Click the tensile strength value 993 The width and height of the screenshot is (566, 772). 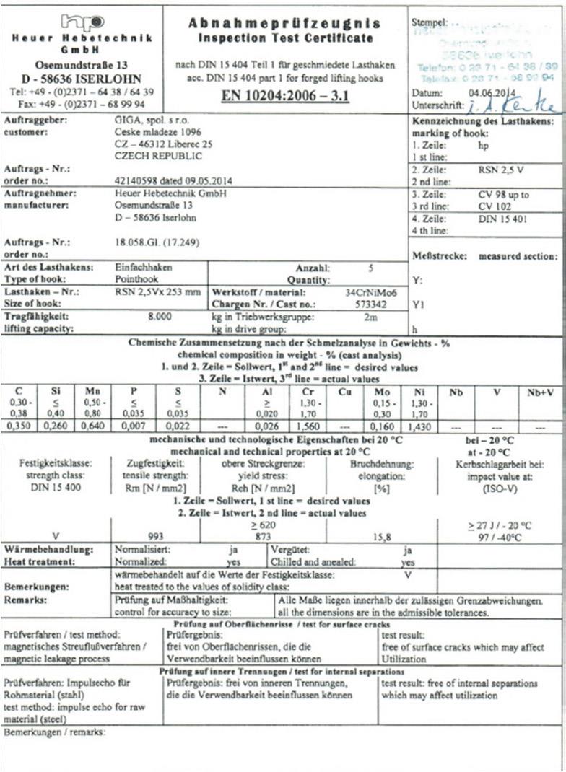(157, 537)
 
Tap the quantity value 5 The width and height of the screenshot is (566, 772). (370, 268)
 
